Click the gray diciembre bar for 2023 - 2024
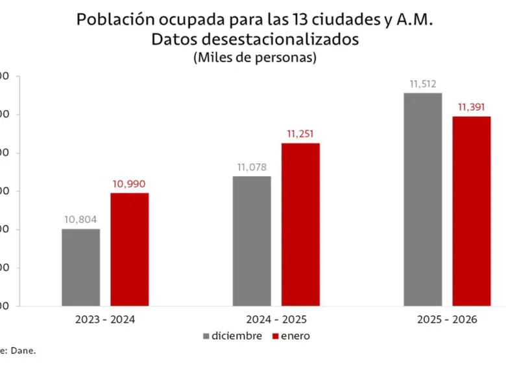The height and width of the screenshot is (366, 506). tap(81, 267)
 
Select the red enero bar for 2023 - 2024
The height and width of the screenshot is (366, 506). tap(129, 249)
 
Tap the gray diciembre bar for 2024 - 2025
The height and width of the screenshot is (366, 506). tap(252, 241)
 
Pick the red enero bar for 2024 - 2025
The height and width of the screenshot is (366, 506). tap(300, 224)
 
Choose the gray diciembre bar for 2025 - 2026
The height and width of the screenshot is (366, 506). tap(422, 200)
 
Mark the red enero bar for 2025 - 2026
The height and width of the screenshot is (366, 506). tap(471, 211)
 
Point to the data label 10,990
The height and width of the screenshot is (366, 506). tap(129, 184)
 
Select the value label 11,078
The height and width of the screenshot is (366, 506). tap(252, 167)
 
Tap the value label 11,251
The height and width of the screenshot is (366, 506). tap(300, 134)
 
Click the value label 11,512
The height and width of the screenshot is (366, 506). tap(422, 84)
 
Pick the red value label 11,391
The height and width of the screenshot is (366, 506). tap(472, 107)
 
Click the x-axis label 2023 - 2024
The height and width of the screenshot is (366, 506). tap(105, 320)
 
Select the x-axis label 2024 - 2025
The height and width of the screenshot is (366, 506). tap(276, 320)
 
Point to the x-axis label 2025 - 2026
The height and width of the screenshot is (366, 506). tap(447, 320)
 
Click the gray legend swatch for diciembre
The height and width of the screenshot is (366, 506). tap(206, 336)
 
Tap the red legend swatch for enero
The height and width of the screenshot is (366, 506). tap(275, 336)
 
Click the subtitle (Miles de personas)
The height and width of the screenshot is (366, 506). tap(254, 57)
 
